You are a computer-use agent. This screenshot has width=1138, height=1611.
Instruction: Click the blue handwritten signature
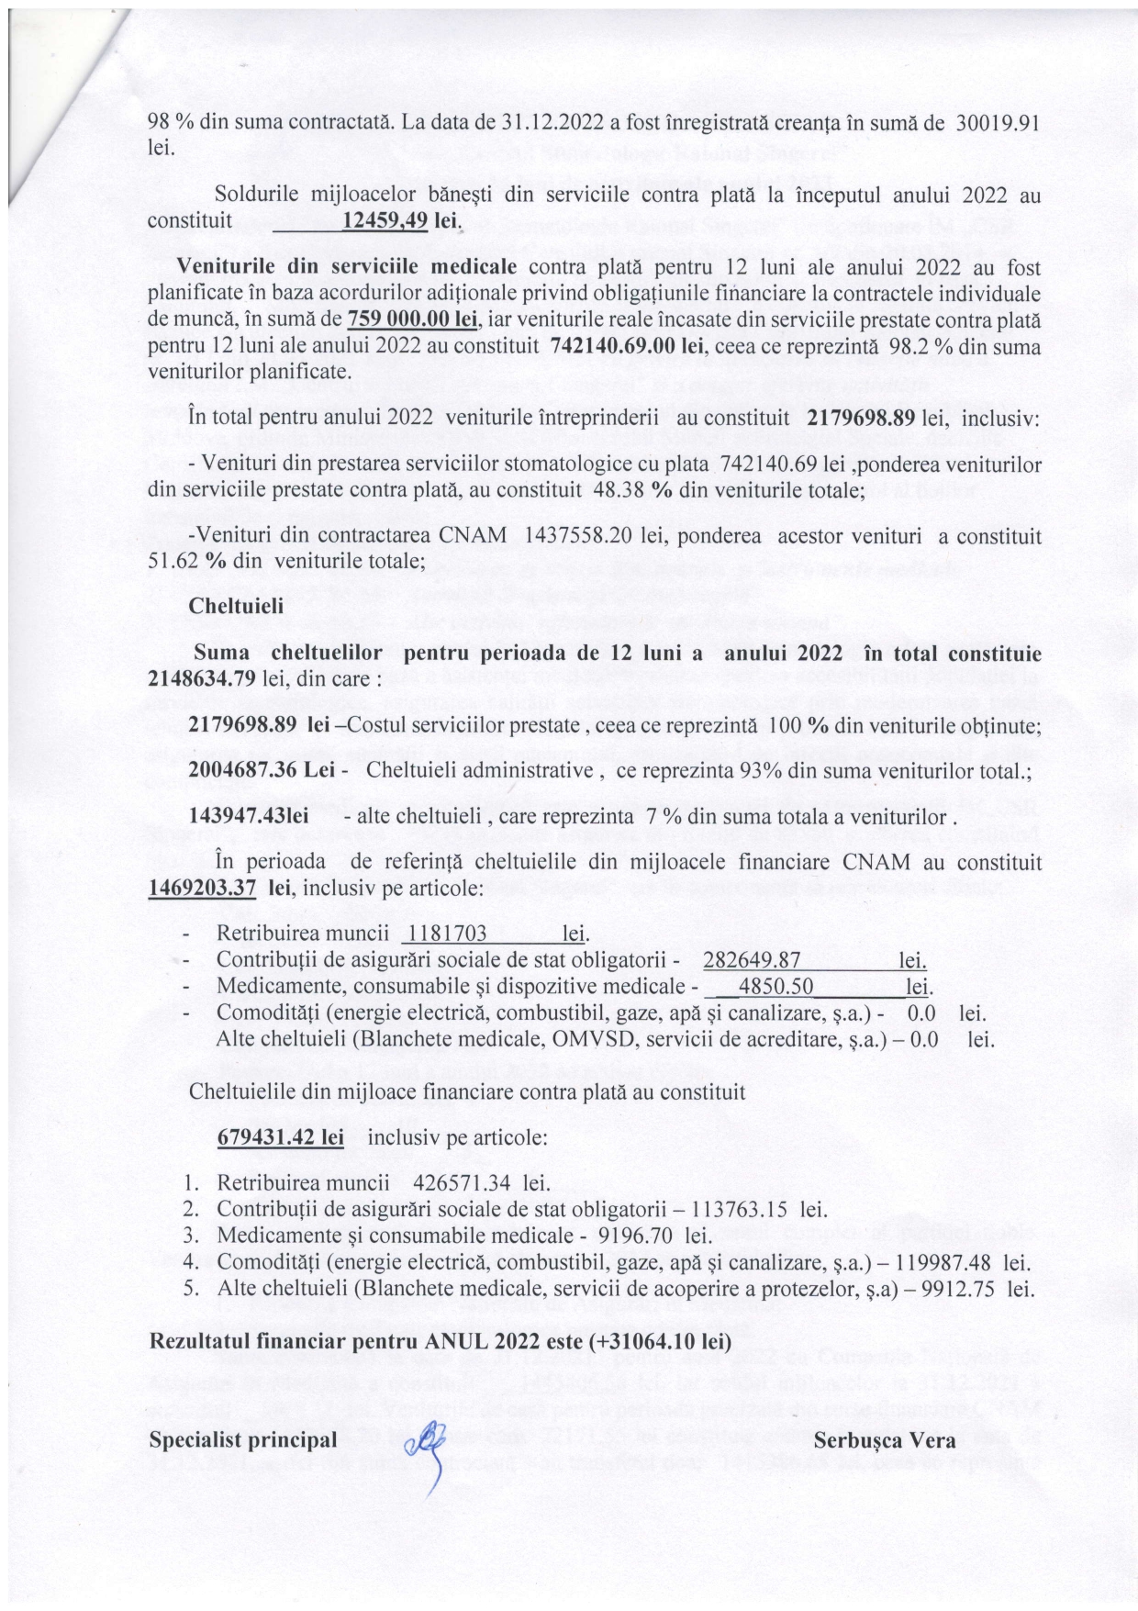tap(425, 1451)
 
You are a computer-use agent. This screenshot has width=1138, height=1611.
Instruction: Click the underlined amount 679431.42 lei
tap(281, 1136)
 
